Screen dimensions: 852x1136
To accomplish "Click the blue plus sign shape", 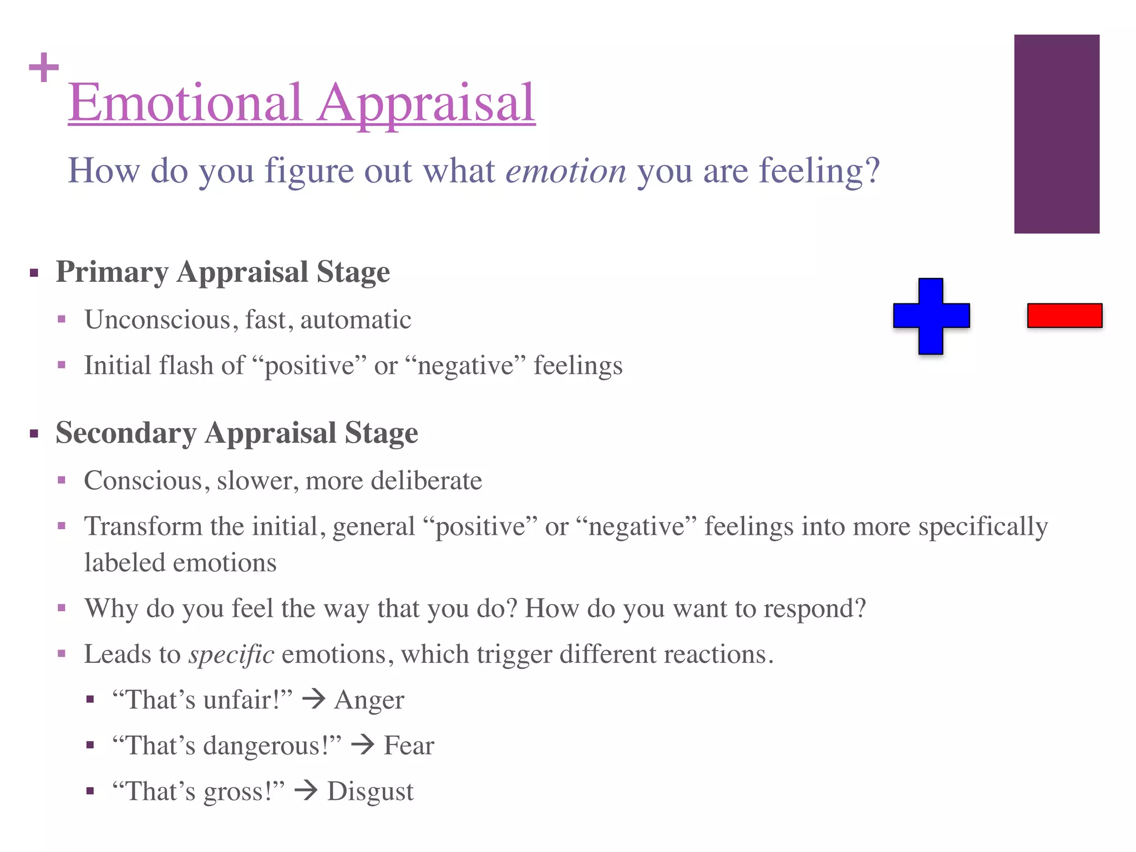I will tap(931, 316).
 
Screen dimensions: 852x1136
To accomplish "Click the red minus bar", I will tap(1064, 316).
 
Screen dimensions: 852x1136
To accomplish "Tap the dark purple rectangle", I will tap(1057, 134).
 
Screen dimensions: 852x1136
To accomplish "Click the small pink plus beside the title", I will tap(44, 68).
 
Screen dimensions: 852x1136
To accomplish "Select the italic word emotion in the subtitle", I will tap(566, 171).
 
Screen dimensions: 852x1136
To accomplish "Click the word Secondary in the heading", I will tap(126, 433).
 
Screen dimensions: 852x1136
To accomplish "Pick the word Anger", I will tap(369, 700).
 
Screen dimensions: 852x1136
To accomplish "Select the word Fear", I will tap(409, 745).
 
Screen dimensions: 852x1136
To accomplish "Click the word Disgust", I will tap(370, 792).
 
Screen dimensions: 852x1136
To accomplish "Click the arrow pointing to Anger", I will tap(314, 699).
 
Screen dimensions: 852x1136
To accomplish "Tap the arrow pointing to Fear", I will tap(363, 744).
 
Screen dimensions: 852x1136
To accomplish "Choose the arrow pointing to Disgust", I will tap(306, 790).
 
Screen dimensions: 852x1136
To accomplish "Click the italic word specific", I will tap(231, 655).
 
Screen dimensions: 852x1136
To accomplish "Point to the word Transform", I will tap(143, 526).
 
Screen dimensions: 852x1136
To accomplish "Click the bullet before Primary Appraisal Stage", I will tap(34, 273).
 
